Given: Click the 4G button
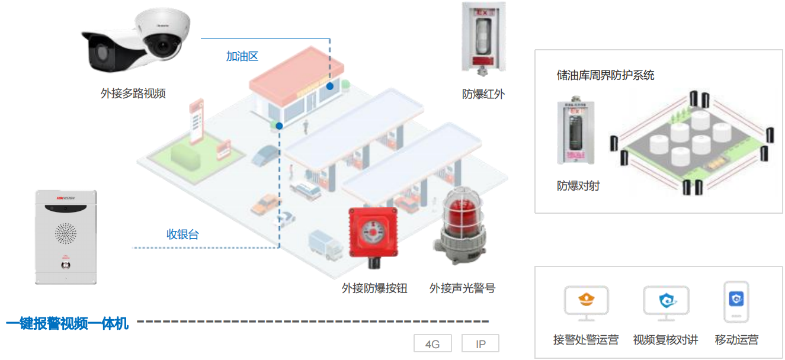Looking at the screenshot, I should click(x=432, y=344).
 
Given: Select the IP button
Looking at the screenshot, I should click(x=480, y=344).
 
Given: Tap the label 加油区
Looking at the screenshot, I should click(x=242, y=57).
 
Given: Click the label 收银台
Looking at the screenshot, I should click(x=182, y=234).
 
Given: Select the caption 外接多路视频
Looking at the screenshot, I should click(x=133, y=94).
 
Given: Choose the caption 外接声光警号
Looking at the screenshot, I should click(x=462, y=289).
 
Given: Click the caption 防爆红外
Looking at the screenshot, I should click(x=483, y=94).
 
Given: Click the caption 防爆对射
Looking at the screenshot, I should click(x=578, y=186).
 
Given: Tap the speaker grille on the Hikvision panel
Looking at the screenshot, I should click(x=66, y=233).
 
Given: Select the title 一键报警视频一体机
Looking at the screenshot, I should click(x=67, y=323).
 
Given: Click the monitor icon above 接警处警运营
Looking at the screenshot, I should click(x=585, y=302).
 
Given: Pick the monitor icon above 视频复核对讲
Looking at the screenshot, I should click(x=666, y=302).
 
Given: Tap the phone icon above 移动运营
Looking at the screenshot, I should click(x=736, y=301).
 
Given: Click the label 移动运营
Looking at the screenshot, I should click(x=736, y=340).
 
